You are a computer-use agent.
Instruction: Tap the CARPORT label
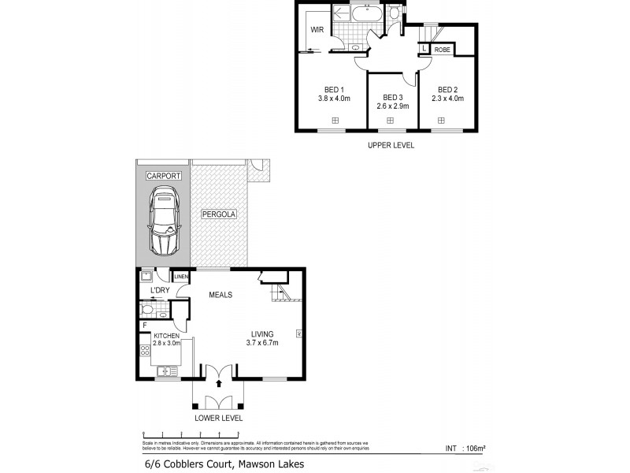coord(163,176)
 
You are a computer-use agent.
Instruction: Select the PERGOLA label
coord(219,214)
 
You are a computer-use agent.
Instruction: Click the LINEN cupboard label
coord(181,277)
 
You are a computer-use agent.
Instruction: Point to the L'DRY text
coord(160,292)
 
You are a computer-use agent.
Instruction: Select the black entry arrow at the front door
coord(220,382)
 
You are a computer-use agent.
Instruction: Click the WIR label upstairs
coord(317,30)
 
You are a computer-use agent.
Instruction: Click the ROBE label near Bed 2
coord(442,49)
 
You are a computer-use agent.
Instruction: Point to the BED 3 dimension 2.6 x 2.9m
coord(391,105)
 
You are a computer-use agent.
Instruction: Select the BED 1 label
coord(335,89)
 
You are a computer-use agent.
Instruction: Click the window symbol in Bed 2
coord(441,120)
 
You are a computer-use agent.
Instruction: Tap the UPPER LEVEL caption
coord(391,145)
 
